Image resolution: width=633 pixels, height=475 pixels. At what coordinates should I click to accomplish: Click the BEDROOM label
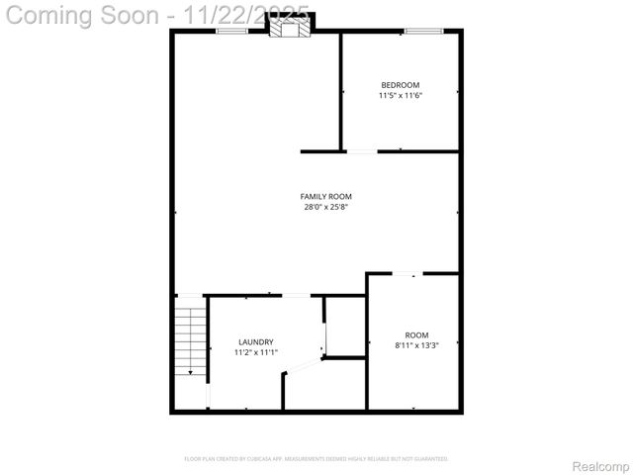click(401, 84)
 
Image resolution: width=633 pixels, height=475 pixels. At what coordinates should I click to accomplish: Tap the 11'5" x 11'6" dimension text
click(401, 95)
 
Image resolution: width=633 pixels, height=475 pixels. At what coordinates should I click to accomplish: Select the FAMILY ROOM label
click(326, 196)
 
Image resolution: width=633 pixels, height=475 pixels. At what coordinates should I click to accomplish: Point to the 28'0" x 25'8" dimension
click(326, 207)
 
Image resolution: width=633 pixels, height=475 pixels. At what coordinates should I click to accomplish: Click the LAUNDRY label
click(256, 341)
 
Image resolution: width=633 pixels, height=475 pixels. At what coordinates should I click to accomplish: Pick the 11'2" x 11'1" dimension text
click(256, 352)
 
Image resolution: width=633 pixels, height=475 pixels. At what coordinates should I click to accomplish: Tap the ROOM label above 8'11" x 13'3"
click(417, 334)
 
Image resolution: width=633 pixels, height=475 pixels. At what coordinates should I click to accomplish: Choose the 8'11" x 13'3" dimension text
click(417, 345)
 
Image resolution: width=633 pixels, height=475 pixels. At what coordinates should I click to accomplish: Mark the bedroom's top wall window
click(423, 32)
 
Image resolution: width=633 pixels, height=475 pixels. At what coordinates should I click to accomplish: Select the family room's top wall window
click(232, 32)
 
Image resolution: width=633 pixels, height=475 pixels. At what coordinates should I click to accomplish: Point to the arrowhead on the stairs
click(191, 372)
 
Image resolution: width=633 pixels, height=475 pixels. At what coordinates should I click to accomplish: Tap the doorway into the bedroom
click(361, 151)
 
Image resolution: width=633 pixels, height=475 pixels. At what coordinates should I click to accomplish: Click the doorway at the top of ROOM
click(406, 273)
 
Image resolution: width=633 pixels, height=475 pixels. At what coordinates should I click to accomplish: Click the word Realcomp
click(600, 465)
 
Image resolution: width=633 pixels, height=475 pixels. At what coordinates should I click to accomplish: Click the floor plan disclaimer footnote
click(316, 459)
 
